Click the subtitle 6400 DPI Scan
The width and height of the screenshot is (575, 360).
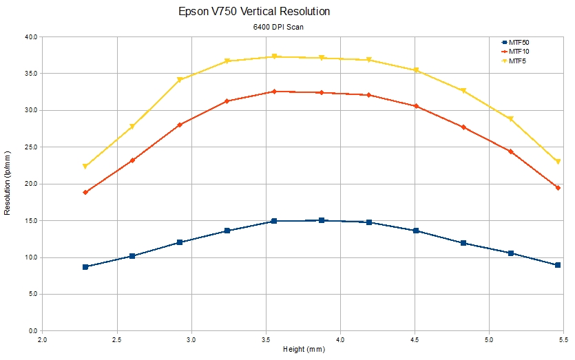pyautogui.click(x=278, y=28)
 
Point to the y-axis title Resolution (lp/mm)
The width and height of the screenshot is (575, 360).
pyautogui.click(x=8, y=183)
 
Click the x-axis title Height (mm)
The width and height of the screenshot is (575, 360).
pyautogui.click(x=303, y=350)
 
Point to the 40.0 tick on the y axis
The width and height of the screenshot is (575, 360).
pyautogui.click(x=30, y=36)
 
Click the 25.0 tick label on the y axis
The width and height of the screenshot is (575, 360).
pyautogui.click(x=30, y=147)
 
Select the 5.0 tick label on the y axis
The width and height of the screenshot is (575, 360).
pyautogui.click(x=32, y=295)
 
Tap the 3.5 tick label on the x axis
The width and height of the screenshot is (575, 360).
pyautogui.click(x=266, y=339)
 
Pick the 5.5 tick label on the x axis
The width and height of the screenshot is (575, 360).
pyautogui.click(x=563, y=339)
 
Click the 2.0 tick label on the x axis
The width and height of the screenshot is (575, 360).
pyautogui.click(x=43, y=339)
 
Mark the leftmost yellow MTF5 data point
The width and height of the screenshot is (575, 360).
pyautogui.click(x=85, y=167)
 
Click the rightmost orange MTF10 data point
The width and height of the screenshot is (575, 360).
pyautogui.click(x=558, y=188)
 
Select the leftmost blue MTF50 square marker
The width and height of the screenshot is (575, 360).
pyautogui.click(x=85, y=266)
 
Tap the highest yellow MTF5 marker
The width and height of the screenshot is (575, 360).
pyautogui.click(x=274, y=56)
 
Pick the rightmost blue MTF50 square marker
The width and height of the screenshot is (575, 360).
pyautogui.click(x=558, y=265)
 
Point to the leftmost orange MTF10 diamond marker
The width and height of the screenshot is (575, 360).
pyautogui.click(x=85, y=192)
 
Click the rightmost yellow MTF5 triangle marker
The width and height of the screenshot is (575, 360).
pyautogui.click(x=558, y=162)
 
